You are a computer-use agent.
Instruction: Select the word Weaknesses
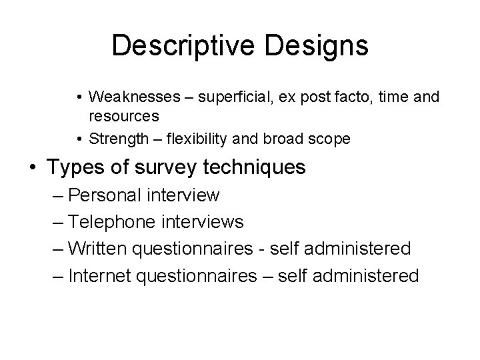(133, 97)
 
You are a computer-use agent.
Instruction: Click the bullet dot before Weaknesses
(79, 98)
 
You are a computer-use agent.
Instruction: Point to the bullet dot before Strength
(79, 140)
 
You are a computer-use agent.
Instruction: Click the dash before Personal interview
(57, 196)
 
